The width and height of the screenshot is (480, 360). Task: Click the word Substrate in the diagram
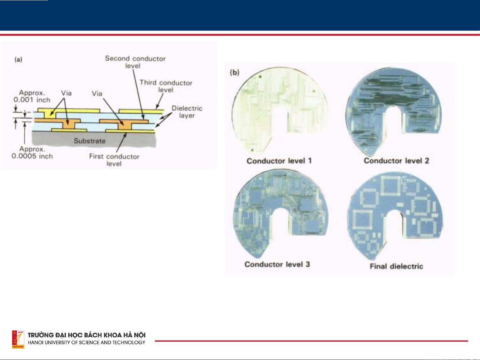[x=90, y=141]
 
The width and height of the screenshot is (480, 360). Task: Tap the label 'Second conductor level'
[x=135, y=62]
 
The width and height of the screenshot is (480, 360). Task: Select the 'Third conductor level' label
[x=166, y=86]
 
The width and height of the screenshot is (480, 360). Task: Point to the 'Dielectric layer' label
[x=187, y=112]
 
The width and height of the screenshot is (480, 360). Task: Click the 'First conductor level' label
[x=114, y=160]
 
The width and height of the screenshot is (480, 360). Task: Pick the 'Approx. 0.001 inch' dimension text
[x=32, y=96]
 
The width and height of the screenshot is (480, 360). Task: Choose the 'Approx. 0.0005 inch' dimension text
[x=32, y=153]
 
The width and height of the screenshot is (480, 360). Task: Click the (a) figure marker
[x=18, y=59]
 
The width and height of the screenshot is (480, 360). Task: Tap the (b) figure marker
[x=235, y=72]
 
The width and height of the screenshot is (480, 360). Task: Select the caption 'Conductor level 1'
[x=279, y=161]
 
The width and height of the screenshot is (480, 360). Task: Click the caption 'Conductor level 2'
[x=396, y=161]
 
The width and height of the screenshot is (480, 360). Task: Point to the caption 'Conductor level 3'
[x=277, y=264]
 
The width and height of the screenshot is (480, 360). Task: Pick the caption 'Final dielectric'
[x=396, y=266]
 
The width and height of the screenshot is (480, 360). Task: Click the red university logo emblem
[x=18, y=339]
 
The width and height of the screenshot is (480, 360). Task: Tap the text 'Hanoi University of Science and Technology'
[x=87, y=342]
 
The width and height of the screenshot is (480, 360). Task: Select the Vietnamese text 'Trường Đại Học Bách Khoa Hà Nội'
[x=87, y=335]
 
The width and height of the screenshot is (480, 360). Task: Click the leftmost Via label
[x=66, y=93]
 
